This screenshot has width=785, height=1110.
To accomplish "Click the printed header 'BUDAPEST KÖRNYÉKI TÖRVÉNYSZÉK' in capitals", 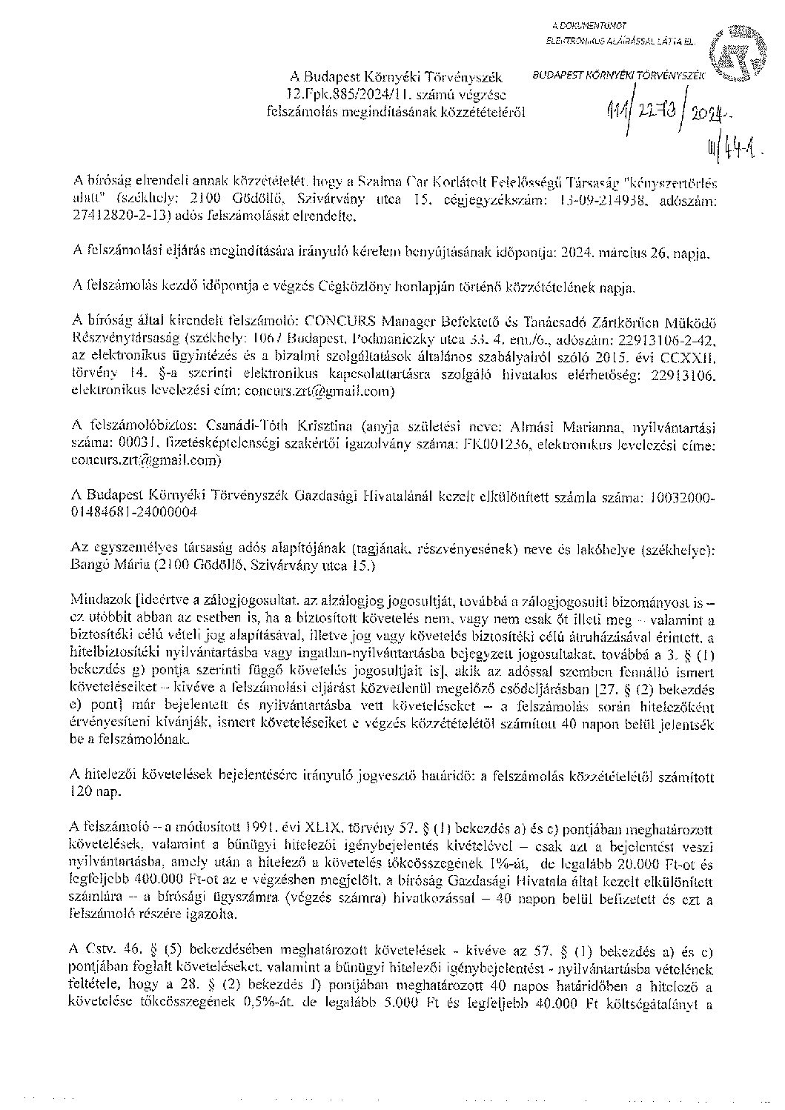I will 618,75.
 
